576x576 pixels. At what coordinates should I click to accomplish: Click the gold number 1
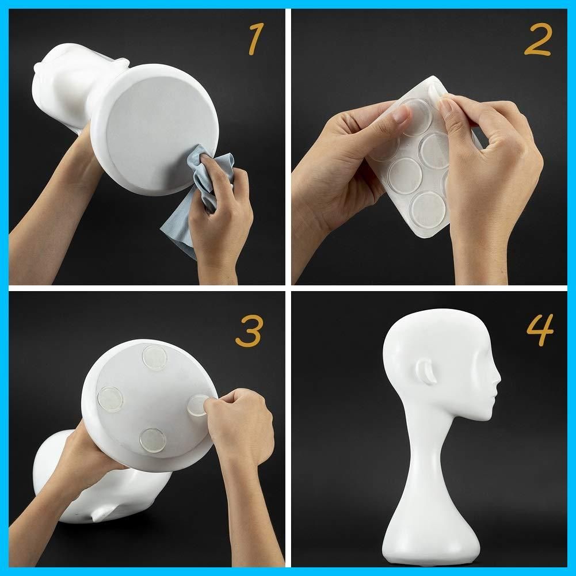pos(256,39)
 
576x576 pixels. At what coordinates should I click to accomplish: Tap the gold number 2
pos(538,39)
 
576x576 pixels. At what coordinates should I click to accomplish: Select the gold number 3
pos(249,331)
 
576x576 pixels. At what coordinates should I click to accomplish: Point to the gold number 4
pos(540,330)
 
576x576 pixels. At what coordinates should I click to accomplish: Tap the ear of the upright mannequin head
pos(426,371)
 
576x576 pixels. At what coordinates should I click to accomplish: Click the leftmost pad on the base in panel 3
pos(110,399)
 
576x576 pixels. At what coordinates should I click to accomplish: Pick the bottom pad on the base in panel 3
pos(152,440)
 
